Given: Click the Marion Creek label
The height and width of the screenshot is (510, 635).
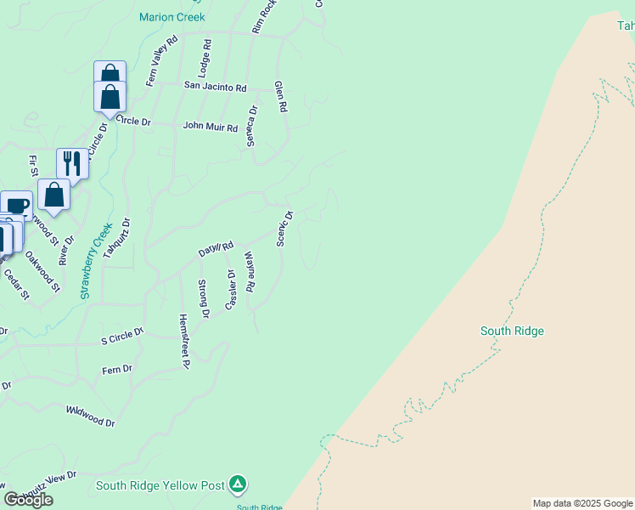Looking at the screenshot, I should click(x=172, y=17).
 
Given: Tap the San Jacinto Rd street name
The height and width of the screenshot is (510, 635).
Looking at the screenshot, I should click(x=216, y=88).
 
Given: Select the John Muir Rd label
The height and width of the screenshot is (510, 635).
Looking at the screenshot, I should click(x=211, y=127).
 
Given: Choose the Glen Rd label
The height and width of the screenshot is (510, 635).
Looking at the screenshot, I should click(x=281, y=97).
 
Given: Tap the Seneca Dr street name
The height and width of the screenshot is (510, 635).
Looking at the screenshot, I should click(x=251, y=125).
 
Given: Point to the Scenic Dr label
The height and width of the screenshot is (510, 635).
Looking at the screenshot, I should click(x=285, y=228).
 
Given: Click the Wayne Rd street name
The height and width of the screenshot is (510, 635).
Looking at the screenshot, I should click(x=250, y=271).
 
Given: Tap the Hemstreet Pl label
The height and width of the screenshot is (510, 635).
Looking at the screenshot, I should click(x=183, y=340).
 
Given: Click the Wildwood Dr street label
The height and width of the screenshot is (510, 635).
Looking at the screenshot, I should click(x=90, y=415).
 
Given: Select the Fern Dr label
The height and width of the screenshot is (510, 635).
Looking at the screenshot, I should click(x=117, y=369).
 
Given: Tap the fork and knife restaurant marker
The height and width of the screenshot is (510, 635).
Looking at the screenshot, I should click(x=72, y=163).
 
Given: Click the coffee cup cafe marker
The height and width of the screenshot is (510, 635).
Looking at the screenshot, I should click(x=16, y=205).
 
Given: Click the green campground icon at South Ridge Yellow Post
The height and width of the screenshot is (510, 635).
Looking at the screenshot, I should click(x=239, y=484).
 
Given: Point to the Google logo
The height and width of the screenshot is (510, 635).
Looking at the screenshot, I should click(x=28, y=500).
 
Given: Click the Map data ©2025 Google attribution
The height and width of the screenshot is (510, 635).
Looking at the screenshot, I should click(x=582, y=503).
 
